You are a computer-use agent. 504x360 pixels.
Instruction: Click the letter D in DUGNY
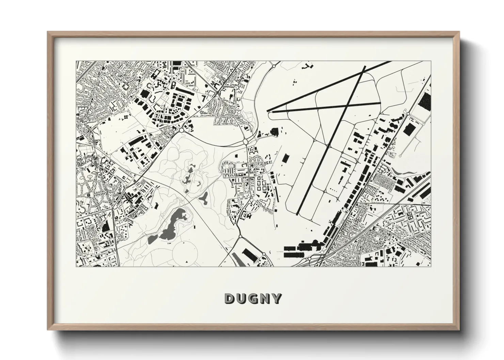point(229,299)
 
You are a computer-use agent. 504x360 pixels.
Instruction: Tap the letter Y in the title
point(277,299)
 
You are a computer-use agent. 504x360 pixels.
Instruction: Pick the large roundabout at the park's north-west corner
point(182,130)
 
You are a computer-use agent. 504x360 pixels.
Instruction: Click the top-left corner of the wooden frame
point(48,32)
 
